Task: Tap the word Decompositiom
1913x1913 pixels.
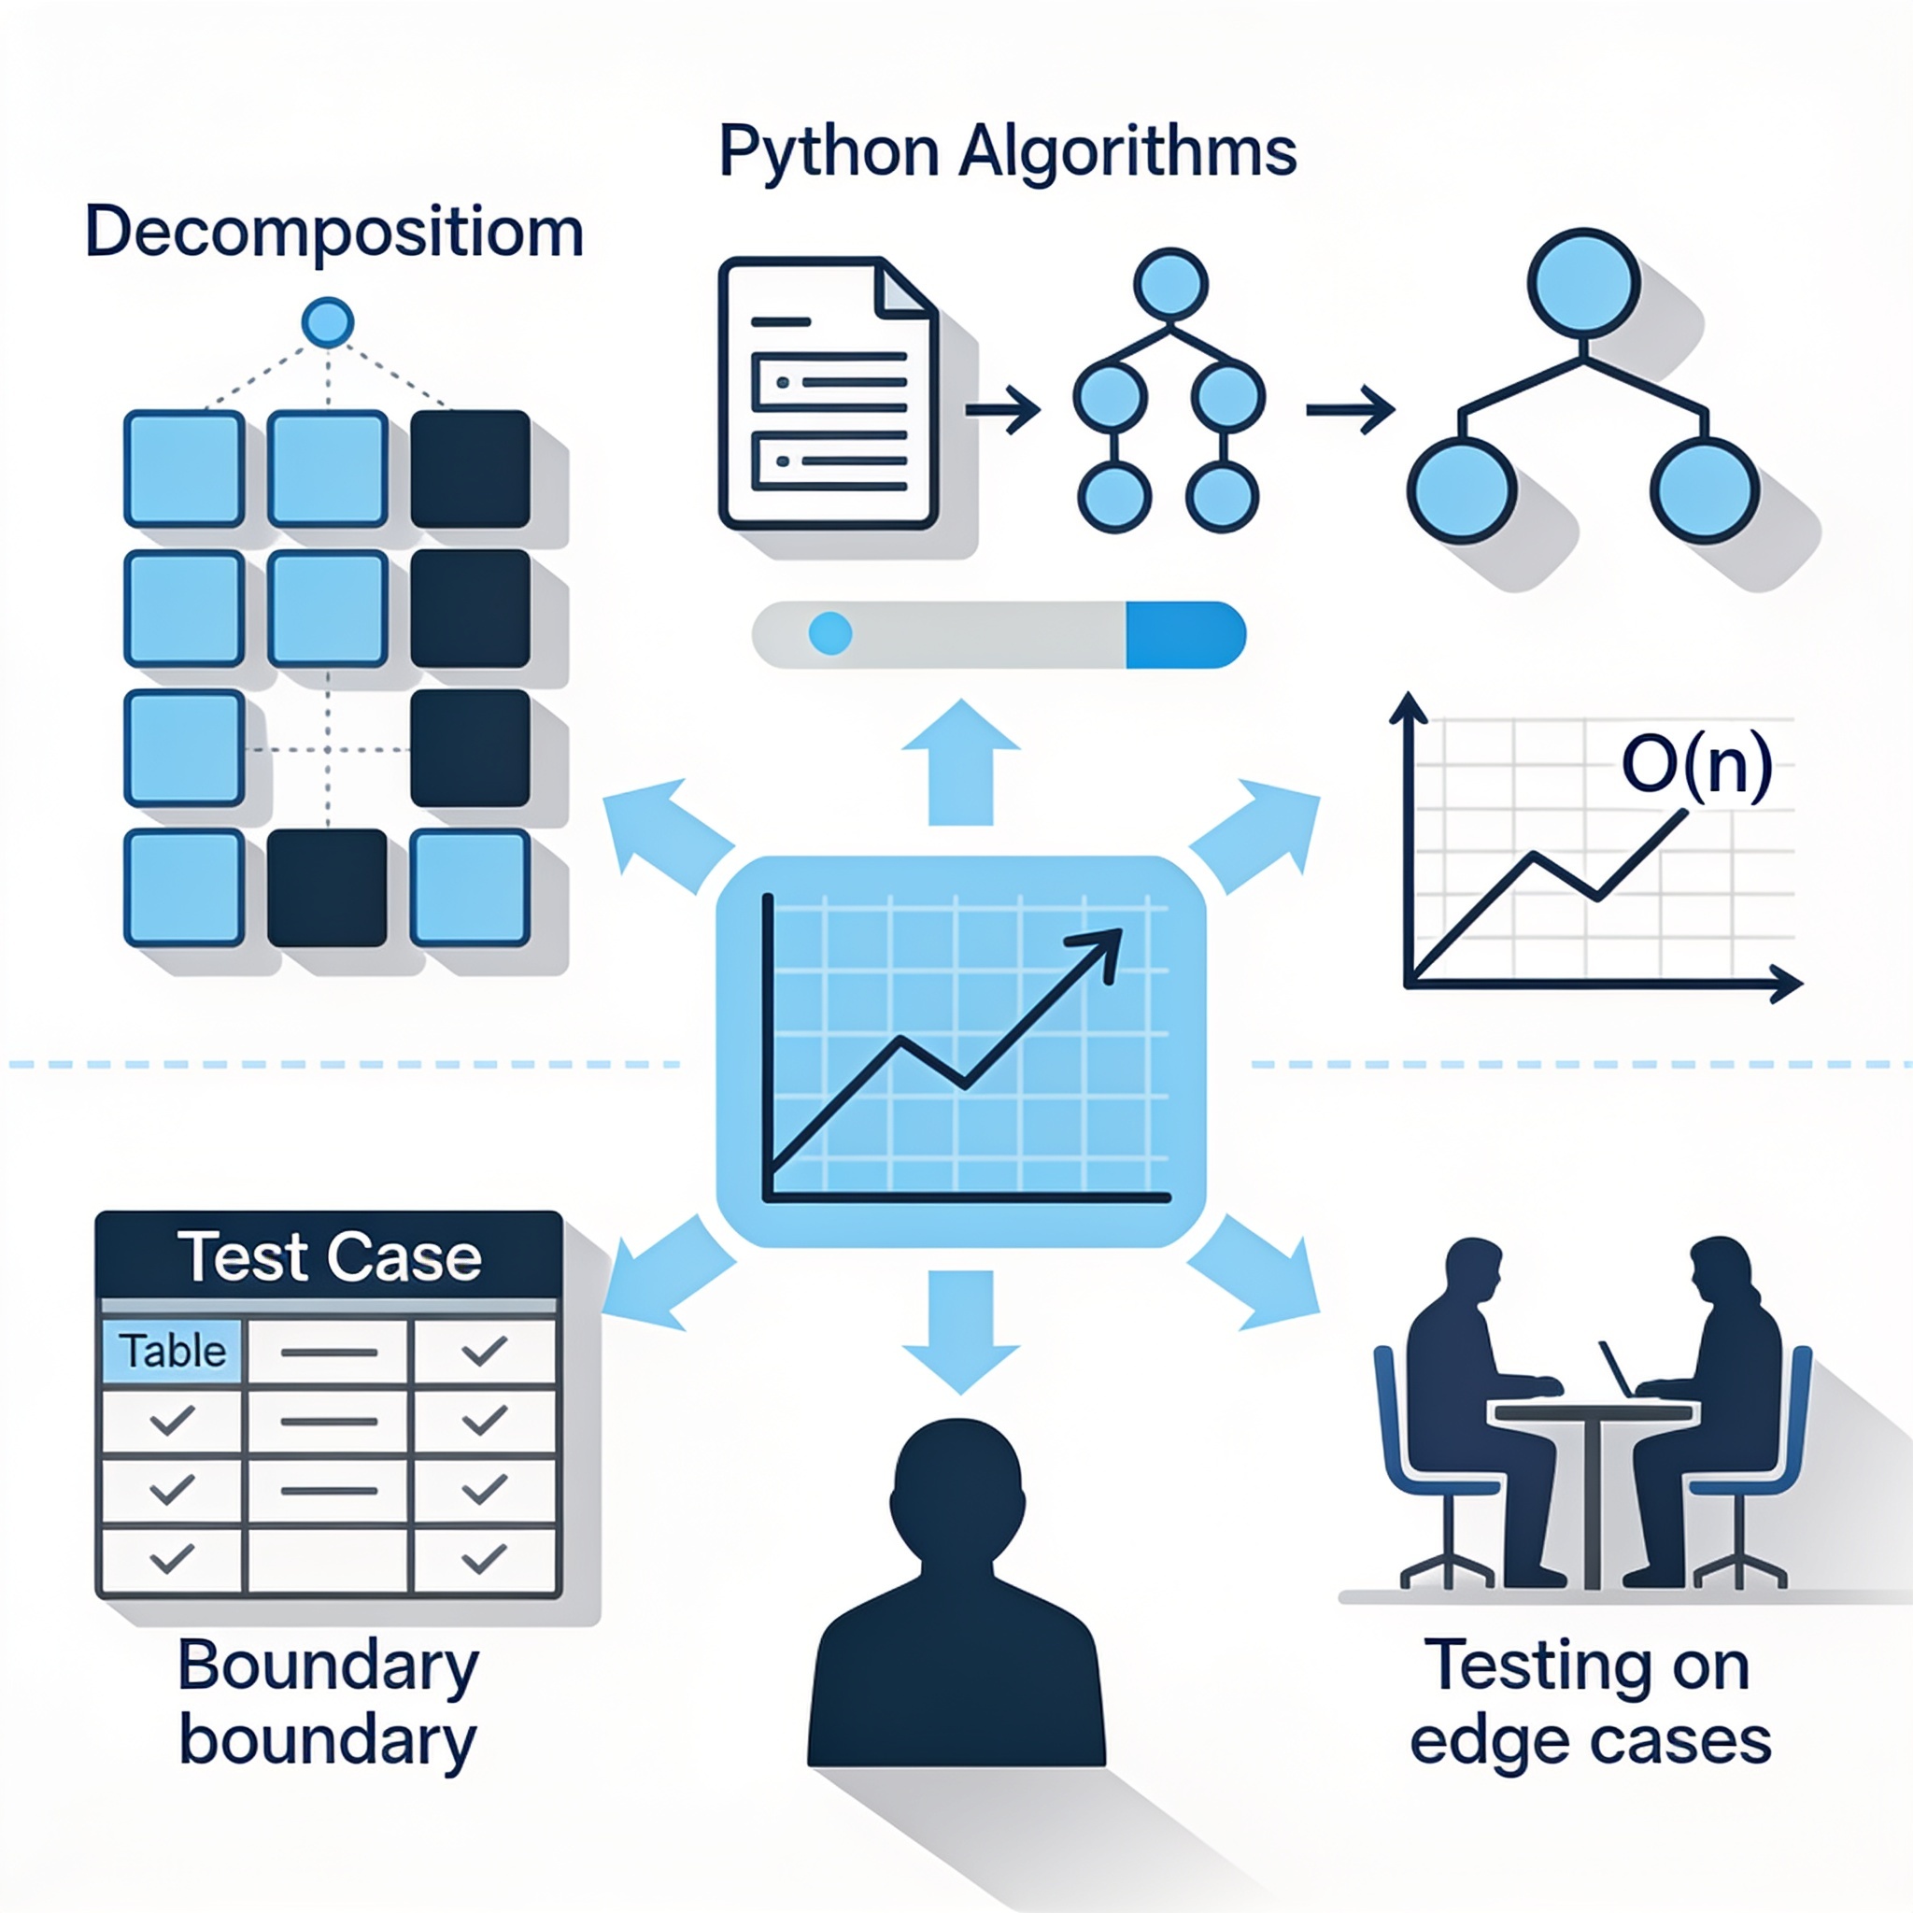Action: [x=334, y=234]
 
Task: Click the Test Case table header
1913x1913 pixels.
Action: [x=330, y=1256]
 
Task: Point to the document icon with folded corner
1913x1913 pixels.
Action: [x=828, y=393]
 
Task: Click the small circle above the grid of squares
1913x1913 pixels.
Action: [x=327, y=322]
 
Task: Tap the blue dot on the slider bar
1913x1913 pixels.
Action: [x=829, y=632]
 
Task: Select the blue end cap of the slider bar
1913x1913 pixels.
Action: [x=1185, y=634]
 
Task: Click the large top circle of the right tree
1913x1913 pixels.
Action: [x=1583, y=283]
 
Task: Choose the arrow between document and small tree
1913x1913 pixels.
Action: [x=1003, y=408]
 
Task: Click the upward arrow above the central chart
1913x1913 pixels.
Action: [x=960, y=760]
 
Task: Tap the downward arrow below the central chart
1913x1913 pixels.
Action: [x=960, y=1332]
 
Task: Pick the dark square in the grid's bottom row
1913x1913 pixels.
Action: [x=327, y=887]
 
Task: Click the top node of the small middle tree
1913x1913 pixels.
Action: [x=1170, y=284]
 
